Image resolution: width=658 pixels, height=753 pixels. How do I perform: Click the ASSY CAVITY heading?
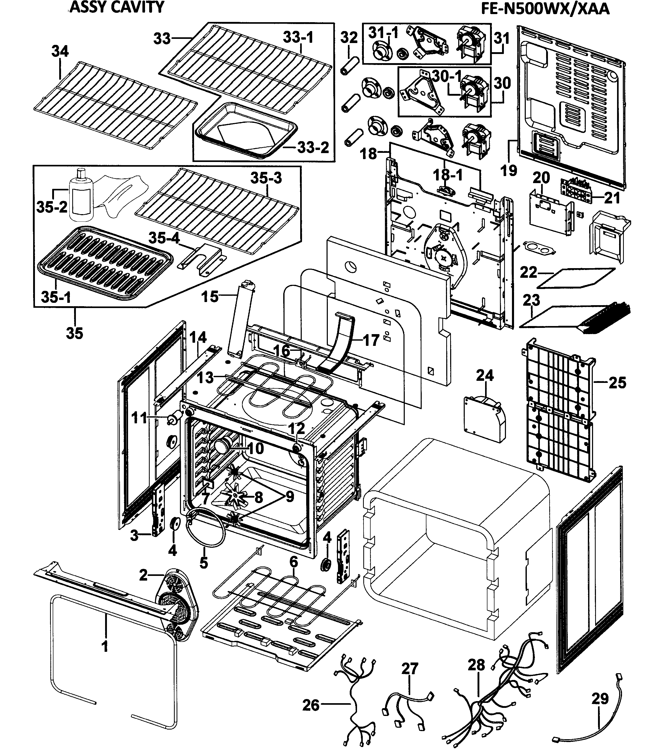[x=117, y=7]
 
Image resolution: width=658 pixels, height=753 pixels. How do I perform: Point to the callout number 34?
[x=60, y=51]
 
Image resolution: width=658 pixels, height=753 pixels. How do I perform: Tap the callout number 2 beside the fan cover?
[x=143, y=575]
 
